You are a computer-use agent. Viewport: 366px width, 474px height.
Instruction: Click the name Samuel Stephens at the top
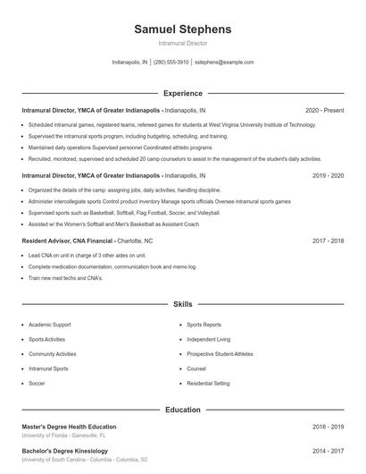pos(182,30)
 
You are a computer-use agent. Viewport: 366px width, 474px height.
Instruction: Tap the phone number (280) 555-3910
pos(171,63)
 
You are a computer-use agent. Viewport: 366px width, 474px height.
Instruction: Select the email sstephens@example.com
pos(224,63)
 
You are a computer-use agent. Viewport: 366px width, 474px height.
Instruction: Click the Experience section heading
pos(182,93)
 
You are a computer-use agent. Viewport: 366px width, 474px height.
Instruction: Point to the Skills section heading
pos(182,305)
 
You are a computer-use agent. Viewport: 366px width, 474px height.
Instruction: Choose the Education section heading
pos(182,410)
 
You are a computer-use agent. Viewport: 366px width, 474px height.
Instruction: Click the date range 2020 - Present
pos(324,110)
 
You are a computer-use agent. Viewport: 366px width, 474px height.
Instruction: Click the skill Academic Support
pos(50,325)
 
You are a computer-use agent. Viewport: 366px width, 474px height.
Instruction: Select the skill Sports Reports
pos(204,325)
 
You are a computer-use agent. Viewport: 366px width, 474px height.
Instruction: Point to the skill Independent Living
pos(208,339)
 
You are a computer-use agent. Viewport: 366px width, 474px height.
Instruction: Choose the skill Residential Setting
pos(208,383)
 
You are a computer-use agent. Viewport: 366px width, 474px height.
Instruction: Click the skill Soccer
pos(37,383)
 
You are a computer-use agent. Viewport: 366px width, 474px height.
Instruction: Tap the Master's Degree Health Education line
pos(69,427)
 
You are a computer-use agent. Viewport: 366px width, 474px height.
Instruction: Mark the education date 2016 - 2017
pos(328,452)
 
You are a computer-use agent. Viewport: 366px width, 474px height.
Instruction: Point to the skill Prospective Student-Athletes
pos(219,353)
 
